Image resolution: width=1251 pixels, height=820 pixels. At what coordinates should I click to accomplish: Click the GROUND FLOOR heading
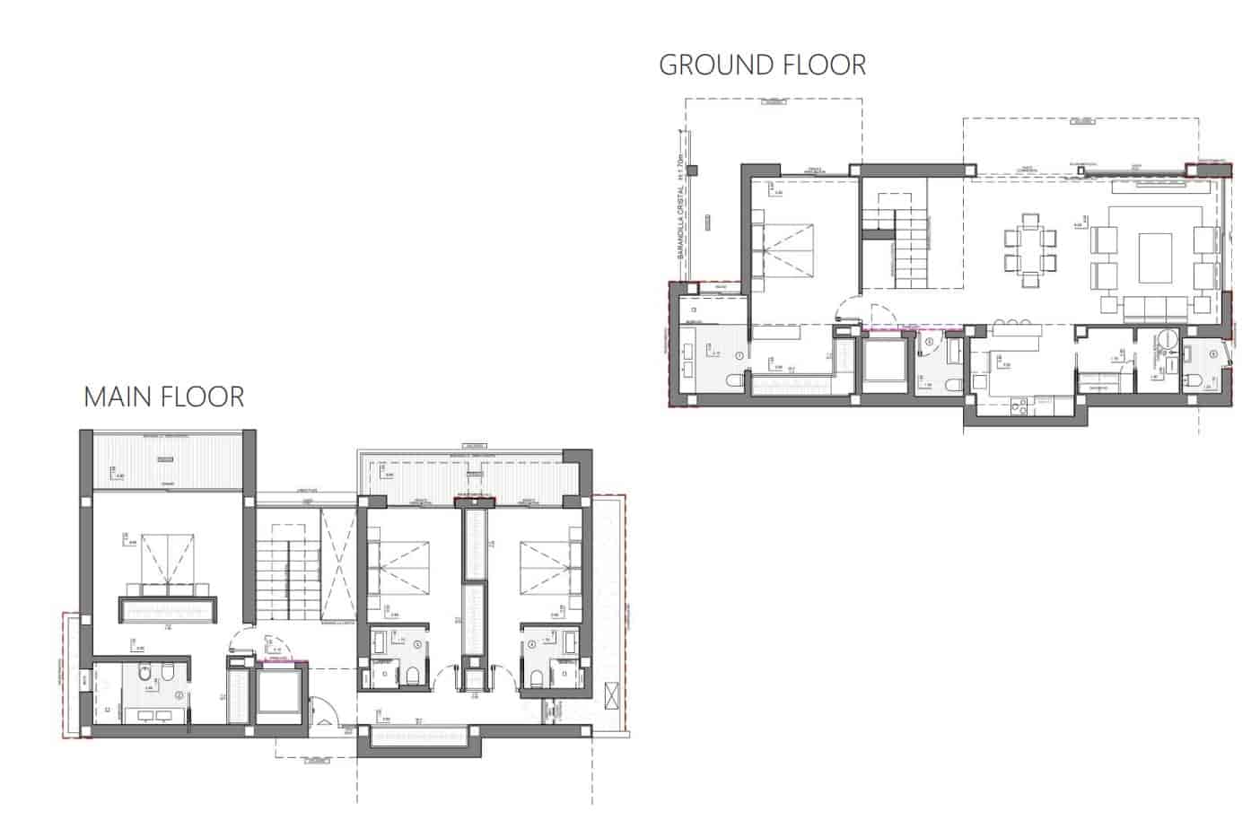tap(762, 65)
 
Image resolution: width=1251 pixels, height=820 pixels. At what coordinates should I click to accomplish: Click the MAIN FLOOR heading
tap(163, 397)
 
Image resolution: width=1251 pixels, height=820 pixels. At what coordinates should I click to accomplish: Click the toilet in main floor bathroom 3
tap(412, 676)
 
